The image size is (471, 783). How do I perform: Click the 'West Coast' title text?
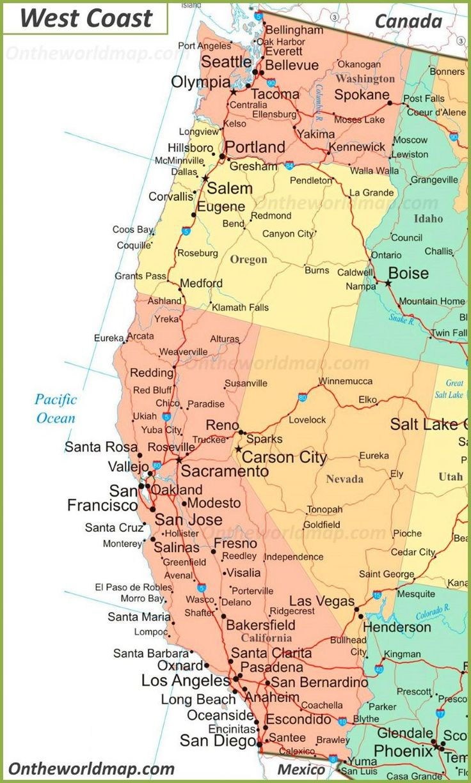click(86, 18)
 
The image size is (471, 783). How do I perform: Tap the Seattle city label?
click(227, 61)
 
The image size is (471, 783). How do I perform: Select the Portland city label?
click(255, 147)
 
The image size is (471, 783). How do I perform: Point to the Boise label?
click(408, 273)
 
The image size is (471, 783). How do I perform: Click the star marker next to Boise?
click(388, 283)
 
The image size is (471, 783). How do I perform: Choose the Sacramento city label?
click(224, 471)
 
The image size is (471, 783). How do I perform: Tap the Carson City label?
click(284, 457)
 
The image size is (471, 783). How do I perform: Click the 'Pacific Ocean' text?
click(56, 409)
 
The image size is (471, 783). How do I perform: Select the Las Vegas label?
click(321, 601)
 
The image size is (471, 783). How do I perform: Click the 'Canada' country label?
click(408, 21)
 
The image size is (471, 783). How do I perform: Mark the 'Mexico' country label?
click(301, 769)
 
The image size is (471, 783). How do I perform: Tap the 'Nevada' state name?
click(344, 479)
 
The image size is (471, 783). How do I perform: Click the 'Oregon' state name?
click(248, 260)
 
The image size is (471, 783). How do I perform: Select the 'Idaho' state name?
click(428, 218)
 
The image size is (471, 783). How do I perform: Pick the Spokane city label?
click(362, 95)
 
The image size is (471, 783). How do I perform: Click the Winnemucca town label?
click(346, 381)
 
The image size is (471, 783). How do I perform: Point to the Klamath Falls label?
click(240, 307)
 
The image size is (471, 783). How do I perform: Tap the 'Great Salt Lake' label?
click(449, 389)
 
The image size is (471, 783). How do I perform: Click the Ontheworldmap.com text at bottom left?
click(92, 768)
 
